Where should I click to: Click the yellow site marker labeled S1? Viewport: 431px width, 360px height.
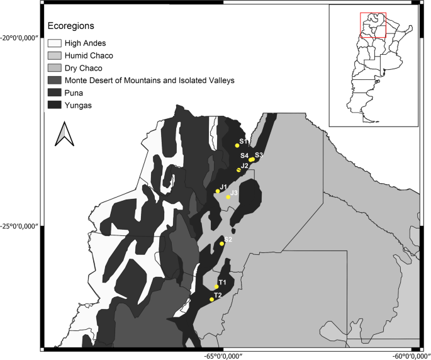point(237,145)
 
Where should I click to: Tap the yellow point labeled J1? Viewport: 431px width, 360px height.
point(218,191)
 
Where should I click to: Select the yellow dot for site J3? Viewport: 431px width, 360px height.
point(228,197)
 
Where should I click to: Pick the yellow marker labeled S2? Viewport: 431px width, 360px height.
point(222,244)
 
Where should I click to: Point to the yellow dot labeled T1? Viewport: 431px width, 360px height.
point(216,287)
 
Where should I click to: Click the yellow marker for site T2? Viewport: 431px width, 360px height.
point(212,299)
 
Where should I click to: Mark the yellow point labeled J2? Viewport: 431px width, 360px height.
point(238,170)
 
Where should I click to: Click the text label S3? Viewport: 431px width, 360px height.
point(259,155)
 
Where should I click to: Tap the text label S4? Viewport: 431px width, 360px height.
point(244,155)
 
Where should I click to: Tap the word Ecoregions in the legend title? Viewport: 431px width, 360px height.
point(71,26)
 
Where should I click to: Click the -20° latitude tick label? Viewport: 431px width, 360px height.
point(21,37)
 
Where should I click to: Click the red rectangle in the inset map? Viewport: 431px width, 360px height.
point(372,25)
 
